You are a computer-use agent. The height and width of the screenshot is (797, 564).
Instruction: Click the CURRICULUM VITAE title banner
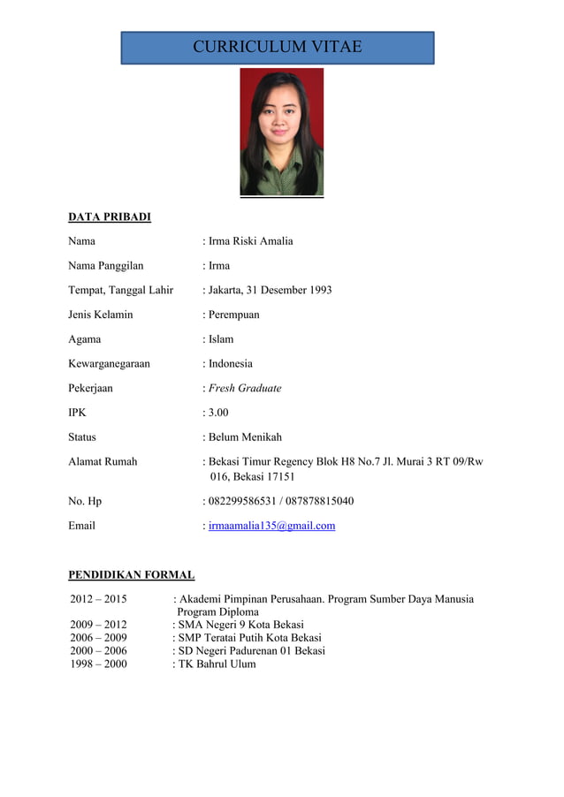point(278,48)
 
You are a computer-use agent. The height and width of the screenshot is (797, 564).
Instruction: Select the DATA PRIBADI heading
point(110,216)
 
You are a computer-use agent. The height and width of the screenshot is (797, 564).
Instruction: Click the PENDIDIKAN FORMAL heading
point(131,575)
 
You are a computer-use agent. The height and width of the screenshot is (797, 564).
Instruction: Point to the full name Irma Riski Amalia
point(250,241)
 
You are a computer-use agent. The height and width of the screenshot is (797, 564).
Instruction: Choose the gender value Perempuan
point(233,315)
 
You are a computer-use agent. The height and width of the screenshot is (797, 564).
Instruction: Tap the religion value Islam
point(221,339)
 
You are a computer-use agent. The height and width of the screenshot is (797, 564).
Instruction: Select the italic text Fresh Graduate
point(245,388)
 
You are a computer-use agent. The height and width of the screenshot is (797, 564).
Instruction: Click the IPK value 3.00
point(218,413)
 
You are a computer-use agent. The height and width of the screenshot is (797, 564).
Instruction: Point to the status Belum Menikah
point(245,437)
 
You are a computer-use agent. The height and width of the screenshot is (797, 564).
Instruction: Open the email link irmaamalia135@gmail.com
point(271,526)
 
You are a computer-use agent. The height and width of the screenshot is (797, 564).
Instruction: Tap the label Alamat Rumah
point(103,461)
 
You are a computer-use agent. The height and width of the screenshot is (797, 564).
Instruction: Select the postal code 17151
point(278,477)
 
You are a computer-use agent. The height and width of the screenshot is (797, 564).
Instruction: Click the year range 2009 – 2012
point(98,624)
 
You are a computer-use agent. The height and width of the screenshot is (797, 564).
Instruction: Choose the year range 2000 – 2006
point(98,650)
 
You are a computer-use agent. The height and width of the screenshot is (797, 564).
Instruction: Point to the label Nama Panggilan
point(105,265)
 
